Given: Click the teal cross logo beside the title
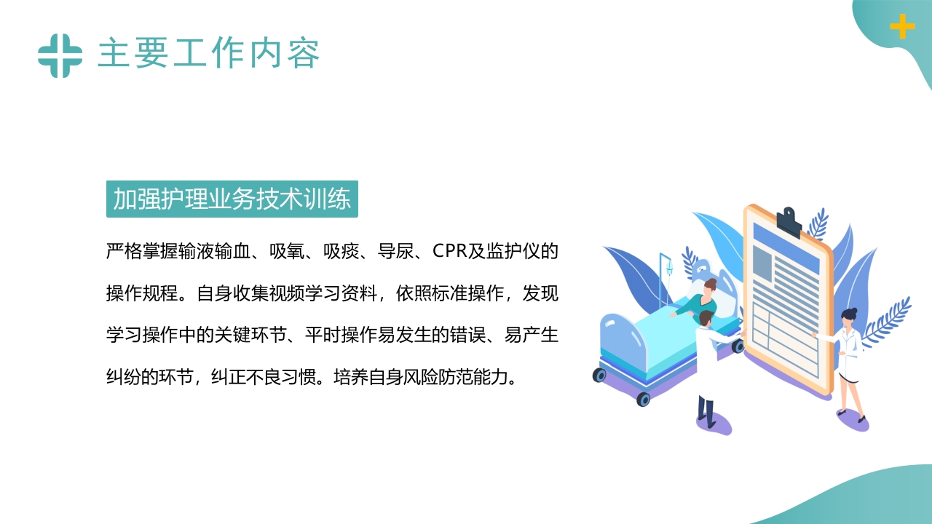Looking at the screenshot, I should click(x=60, y=55).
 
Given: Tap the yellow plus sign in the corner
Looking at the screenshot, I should click(x=902, y=27).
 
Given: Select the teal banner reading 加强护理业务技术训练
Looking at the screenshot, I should click(x=232, y=199).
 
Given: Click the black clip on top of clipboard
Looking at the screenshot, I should click(x=788, y=221).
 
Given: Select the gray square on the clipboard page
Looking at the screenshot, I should click(x=762, y=264).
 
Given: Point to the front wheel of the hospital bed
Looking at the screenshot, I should click(x=643, y=399).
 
